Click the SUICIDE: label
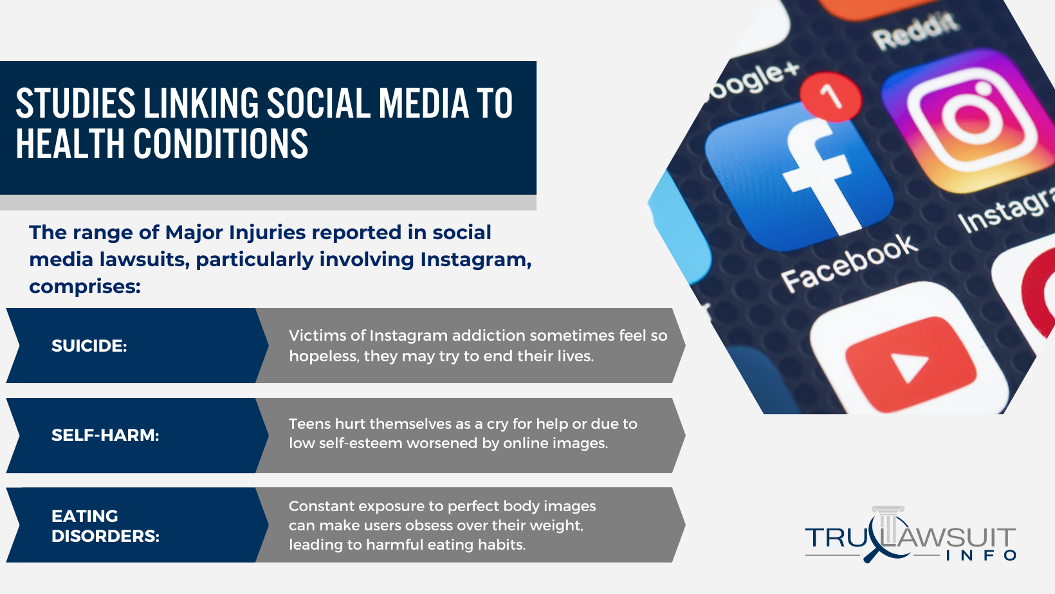pyautogui.click(x=89, y=346)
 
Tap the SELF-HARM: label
pyautogui.click(x=105, y=435)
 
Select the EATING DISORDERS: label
pyautogui.click(x=105, y=526)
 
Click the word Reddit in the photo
pyautogui.click(x=916, y=31)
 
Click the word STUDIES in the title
pyautogui.click(x=76, y=103)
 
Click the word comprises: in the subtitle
pyautogui.click(x=86, y=286)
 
